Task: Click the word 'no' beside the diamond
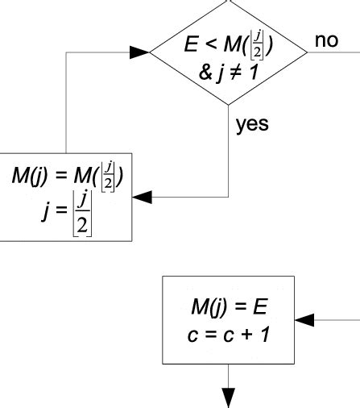click(x=326, y=40)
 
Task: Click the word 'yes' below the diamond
click(x=251, y=125)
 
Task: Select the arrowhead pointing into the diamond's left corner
click(x=140, y=52)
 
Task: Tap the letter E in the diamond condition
click(x=190, y=46)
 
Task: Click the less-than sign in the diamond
click(x=207, y=47)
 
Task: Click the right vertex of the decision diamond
click(x=308, y=52)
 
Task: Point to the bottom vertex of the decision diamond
click(x=230, y=105)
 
